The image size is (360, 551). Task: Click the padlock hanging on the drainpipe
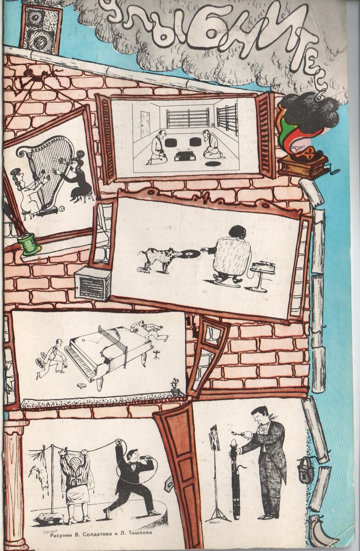point(305,469)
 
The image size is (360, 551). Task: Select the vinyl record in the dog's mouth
point(189,253)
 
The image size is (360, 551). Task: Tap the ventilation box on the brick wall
point(92,283)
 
